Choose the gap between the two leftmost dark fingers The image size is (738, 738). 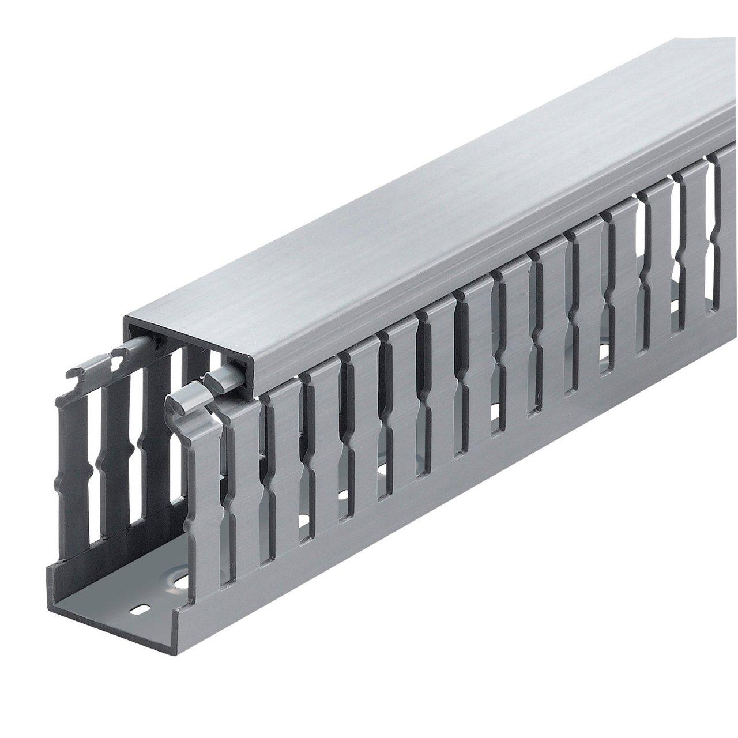coord(95,450)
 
